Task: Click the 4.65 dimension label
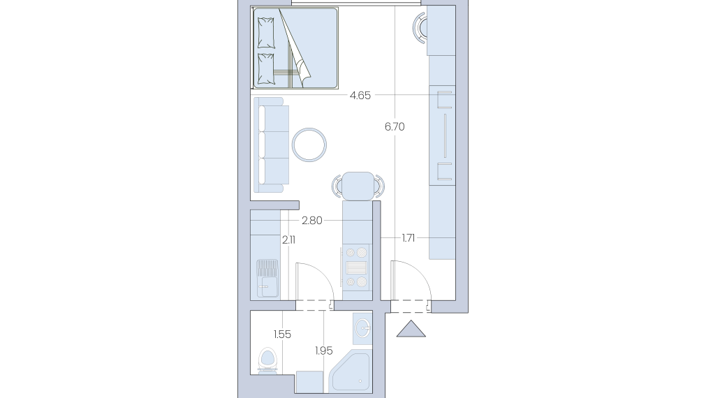[360, 96]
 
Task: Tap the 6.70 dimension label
[395, 127]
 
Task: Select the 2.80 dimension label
[312, 221]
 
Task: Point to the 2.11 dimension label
[288, 240]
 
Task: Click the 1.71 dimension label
[409, 238]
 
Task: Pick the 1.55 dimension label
[282, 334]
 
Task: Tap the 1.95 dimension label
[324, 351]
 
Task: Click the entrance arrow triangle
[411, 329]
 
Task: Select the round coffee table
[309, 145]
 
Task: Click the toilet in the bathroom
[268, 360]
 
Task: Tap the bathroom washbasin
[362, 328]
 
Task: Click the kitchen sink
[267, 278]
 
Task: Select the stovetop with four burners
[357, 268]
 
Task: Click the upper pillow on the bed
[265, 33]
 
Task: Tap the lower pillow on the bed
[265, 69]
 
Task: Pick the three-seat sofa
[271, 145]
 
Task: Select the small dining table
[358, 186]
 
